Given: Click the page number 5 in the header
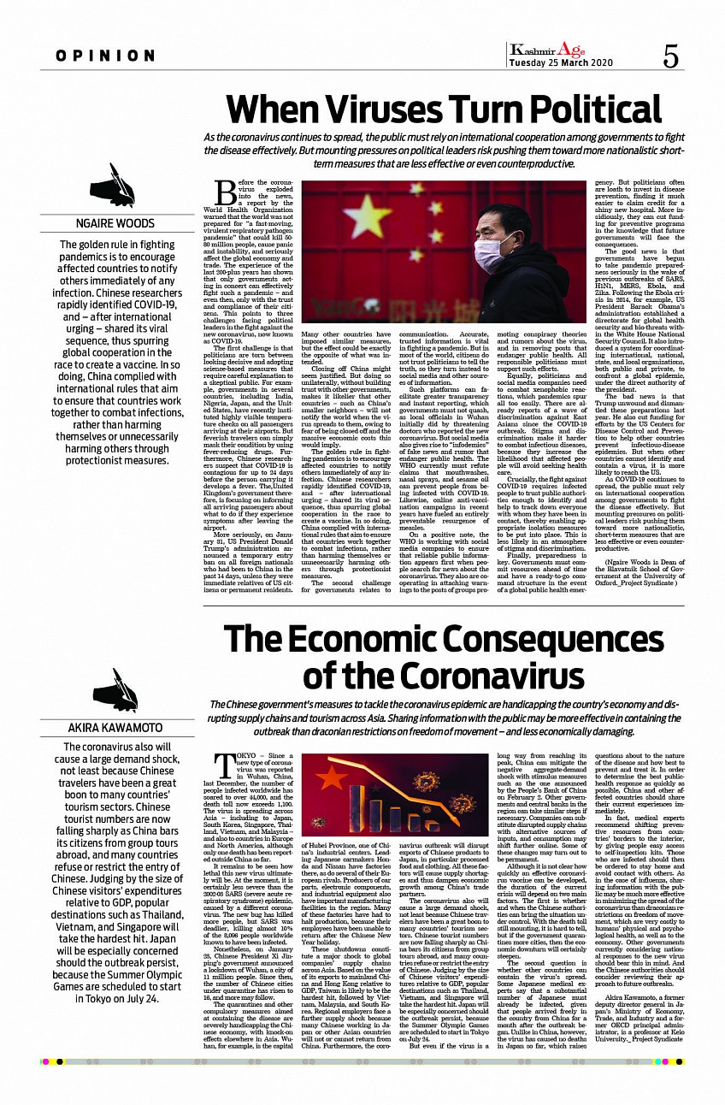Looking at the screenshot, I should coord(671,56).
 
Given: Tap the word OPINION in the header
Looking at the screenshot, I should coord(106,56).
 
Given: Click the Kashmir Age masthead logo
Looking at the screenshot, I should coord(548,50).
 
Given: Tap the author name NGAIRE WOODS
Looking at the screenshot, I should coord(114,224).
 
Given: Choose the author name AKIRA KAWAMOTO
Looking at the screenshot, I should coord(114,728).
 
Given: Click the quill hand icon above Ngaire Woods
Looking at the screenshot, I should coord(114,186).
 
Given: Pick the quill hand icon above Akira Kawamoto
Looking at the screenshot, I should coord(114,690).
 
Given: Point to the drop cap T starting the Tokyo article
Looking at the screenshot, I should coord(226,766).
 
